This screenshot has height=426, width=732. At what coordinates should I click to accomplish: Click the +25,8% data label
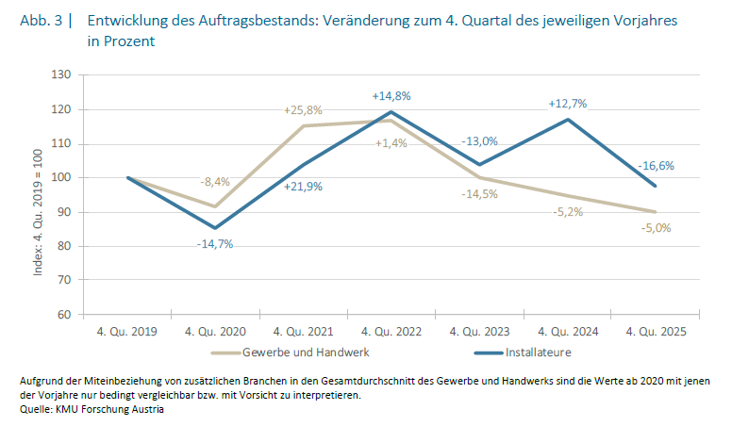[x=303, y=110]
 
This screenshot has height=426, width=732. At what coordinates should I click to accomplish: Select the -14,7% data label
[x=216, y=244]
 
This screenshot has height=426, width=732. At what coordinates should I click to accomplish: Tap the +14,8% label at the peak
[x=391, y=95]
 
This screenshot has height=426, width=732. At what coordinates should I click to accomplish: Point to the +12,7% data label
[x=569, y=104]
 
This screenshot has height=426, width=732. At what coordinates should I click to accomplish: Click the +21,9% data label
[x=303, y=186]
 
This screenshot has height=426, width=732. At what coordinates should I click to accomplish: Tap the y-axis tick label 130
[x=63, y=74]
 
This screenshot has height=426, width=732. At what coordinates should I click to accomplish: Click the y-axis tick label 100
[x=63, y=177]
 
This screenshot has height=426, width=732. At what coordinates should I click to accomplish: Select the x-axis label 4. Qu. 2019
[x=127, y=331]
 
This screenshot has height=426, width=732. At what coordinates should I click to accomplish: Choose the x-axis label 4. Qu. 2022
[x=392, y=331]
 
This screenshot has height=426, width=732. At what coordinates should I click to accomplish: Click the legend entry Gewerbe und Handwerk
[x=302, y=352]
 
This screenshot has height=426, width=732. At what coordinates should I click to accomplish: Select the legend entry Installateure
[x=537, y=352]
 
